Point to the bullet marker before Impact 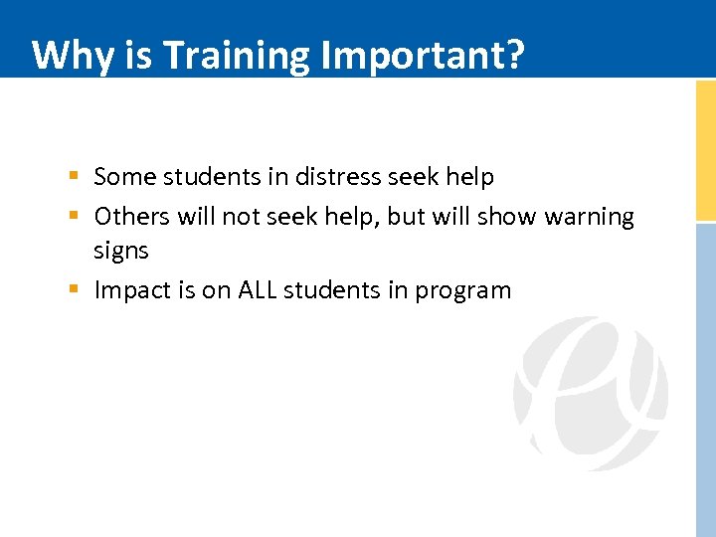point(75,290)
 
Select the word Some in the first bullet point(124,177)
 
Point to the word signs point(120,252)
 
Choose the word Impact point(129,290)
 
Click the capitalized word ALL point(257,290)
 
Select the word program point(462,291)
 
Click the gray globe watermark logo point(590,394)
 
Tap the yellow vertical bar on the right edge point(705,149)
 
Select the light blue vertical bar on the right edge point(705,378)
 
